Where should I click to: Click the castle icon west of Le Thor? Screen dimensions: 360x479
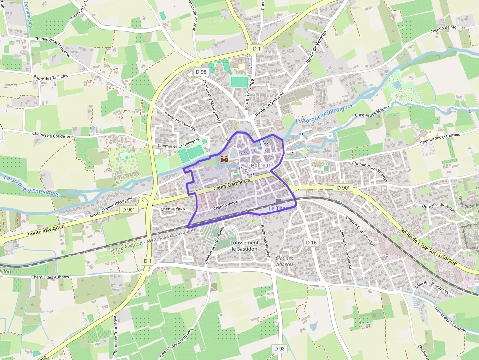[x=224, y=159]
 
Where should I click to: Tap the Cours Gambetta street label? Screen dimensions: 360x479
[x=232, y=184]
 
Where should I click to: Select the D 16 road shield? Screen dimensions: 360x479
[x=311, y=242]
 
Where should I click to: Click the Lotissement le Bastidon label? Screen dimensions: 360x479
[x=244, y=246]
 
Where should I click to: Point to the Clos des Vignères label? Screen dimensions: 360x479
[x=284, y=261]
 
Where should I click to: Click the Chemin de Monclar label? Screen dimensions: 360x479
[x=448, y=30]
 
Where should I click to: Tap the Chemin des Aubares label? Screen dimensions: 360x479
[x=50, y=277]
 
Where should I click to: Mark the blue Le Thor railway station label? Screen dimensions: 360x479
[x=276, y=209]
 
